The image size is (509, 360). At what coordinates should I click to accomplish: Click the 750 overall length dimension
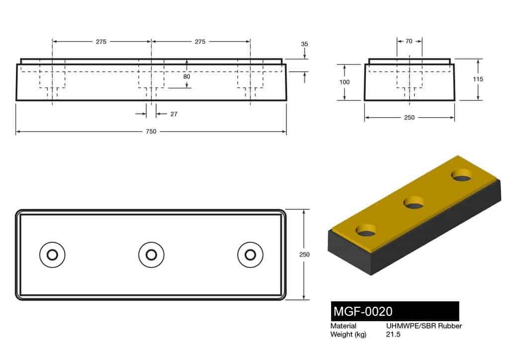[151, 132]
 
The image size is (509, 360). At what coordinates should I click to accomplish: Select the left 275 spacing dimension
[101, 42]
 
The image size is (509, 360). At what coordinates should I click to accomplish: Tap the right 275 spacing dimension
[200, 42]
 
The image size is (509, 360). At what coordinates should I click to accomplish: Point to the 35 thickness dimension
[305, 44]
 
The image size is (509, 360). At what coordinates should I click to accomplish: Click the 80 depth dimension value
[186, 77]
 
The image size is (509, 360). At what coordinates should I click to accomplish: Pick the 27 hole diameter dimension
[174, 114]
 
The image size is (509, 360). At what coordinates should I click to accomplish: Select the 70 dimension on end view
[409, 42]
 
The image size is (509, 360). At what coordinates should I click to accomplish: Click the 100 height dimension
[344, 82]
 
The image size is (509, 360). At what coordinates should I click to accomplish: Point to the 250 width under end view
[409, 118]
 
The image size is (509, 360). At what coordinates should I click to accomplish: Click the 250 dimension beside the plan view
[304, 254]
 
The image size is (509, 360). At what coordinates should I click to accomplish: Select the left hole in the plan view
[52, 255]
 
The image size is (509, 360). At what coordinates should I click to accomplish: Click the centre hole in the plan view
[151, 255]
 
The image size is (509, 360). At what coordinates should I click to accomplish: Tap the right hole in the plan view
[250, 255]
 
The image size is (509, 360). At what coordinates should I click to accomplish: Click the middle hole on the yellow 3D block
[414, 202]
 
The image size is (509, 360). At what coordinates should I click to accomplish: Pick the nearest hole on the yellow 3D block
[366, 230]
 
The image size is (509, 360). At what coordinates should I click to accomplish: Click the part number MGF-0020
[363, 312]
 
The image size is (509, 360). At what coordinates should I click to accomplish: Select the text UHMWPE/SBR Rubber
[424, 326]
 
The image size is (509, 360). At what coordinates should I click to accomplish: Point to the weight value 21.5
[393, 335]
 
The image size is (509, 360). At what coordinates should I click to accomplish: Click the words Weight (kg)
[348, 335]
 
